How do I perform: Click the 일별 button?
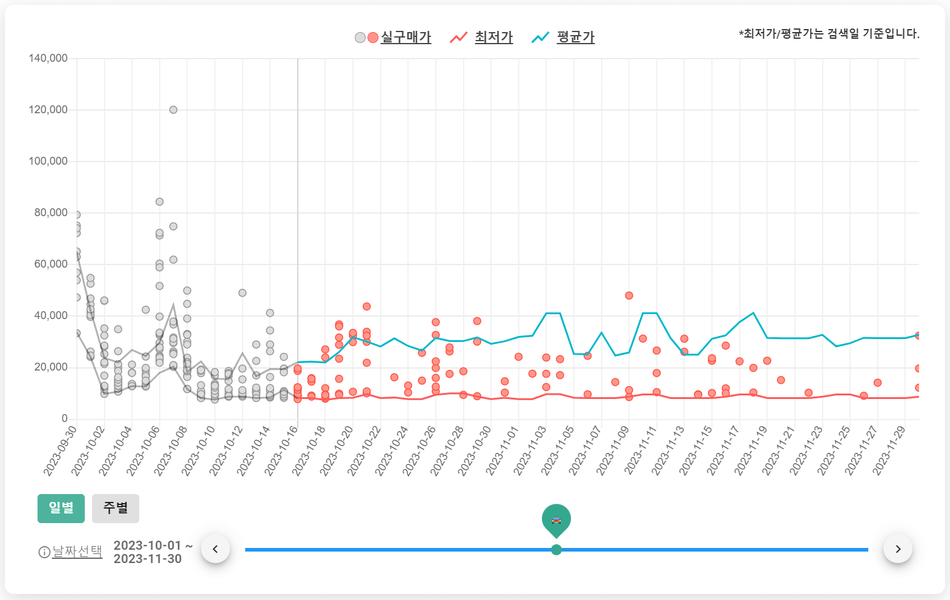point(61,508)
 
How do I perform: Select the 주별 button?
point(115,508)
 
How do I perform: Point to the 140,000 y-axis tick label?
point(48,58)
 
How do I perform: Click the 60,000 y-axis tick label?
point(51,264)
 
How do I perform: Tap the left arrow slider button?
point(215,549)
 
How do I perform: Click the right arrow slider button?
point(898,549)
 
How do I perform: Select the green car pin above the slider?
point(556,519)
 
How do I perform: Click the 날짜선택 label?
point(77,552)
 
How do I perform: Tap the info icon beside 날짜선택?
point(44,552)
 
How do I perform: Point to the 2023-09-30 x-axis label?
point(61,450)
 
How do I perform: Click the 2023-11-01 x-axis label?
point(503,450)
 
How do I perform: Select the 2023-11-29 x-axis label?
point(889,450)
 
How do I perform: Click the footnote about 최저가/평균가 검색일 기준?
point(829,34)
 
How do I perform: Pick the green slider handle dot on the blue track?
point(556,550)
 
